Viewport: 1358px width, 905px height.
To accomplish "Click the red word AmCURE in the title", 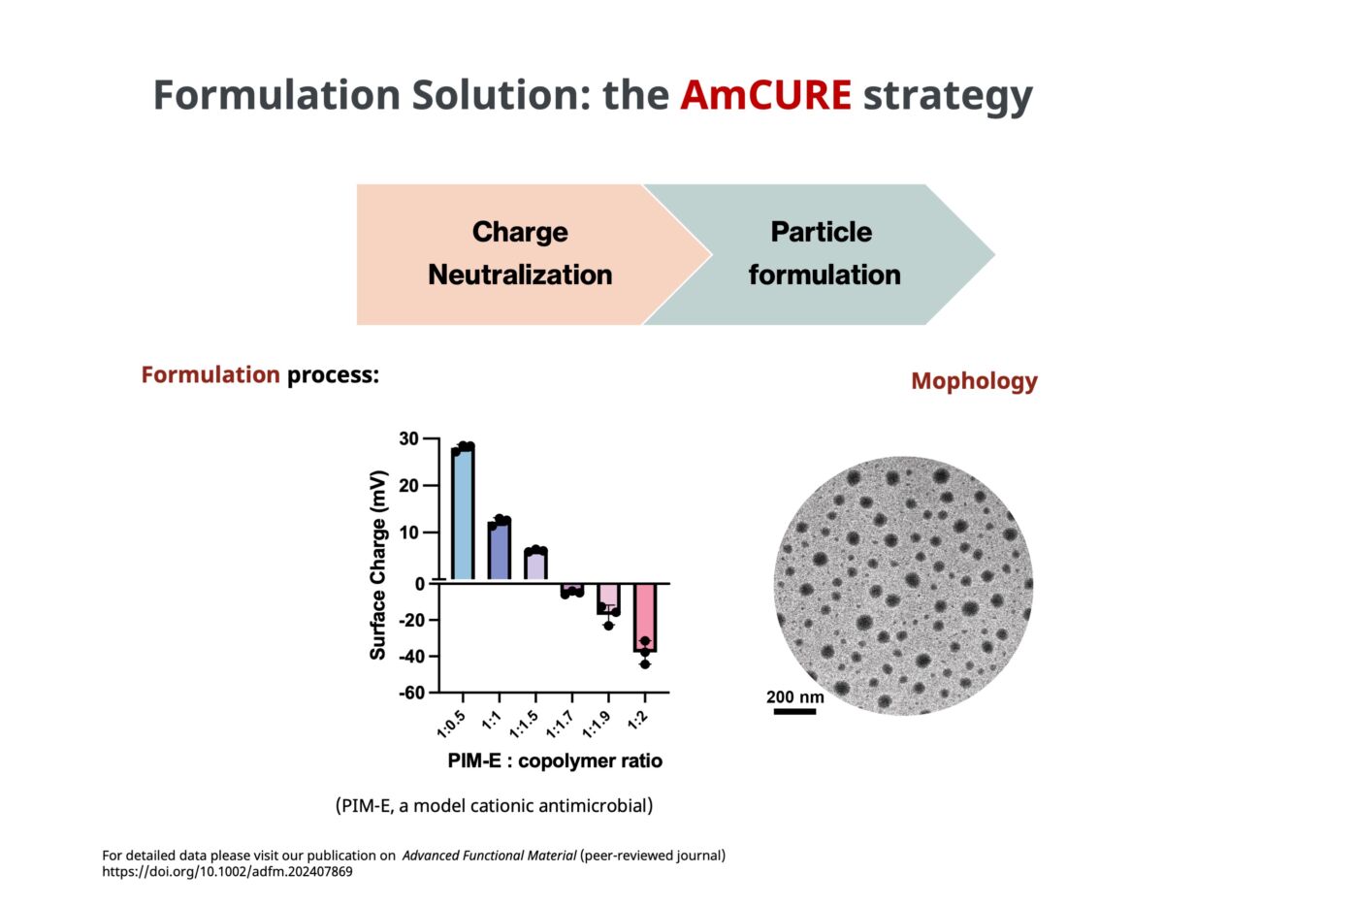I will [765, 95].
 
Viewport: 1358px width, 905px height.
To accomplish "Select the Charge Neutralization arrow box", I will [520, 253].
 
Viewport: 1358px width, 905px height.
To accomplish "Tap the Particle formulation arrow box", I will [824, 253].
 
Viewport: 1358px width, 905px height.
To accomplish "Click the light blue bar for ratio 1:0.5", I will [463, 514].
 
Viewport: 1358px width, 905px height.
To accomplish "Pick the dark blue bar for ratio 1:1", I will [500, 551].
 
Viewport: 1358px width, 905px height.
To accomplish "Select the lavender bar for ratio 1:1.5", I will [535, 565].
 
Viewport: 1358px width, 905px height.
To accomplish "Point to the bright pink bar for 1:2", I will [645, 617].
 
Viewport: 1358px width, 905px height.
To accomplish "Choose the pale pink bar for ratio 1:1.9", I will [608, 598].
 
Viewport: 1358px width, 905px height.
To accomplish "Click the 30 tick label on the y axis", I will [408, 439].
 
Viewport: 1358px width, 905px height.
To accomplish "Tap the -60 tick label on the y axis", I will [411, 693].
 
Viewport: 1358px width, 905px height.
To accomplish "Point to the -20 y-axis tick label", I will [411, 620].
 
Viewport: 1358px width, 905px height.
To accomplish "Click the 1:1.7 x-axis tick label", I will [560, 725].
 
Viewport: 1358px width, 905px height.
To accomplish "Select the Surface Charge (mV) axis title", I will [378, 566].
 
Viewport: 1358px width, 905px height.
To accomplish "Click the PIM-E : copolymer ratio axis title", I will [555, 761].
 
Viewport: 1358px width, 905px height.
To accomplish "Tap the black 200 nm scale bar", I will [794, 712].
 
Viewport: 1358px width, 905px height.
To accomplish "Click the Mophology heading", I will [974, 381].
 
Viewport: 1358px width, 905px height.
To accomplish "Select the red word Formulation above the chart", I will [210, 375].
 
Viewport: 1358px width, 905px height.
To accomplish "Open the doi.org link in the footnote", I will [227, 872].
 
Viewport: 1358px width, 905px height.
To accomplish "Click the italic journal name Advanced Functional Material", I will [489, 856].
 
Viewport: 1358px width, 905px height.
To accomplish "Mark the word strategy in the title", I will [948, 95].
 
